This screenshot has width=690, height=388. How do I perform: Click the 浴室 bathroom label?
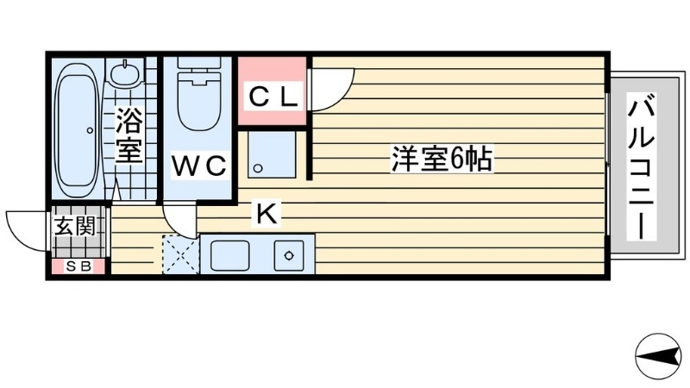129,135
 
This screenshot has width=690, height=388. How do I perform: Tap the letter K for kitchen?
266,214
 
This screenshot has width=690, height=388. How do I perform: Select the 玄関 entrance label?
78,228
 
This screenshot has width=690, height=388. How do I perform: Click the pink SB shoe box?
78,267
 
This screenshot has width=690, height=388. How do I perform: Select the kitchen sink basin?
229,254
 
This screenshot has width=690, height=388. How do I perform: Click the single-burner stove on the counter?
287,254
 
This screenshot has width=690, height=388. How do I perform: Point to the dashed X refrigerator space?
180,254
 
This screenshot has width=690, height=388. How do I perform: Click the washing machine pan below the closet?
271,154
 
